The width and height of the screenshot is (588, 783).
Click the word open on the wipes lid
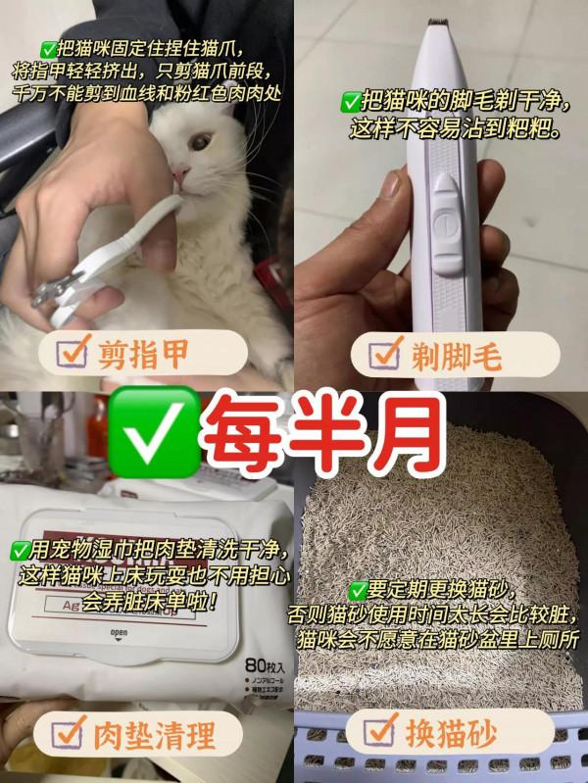119,631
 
